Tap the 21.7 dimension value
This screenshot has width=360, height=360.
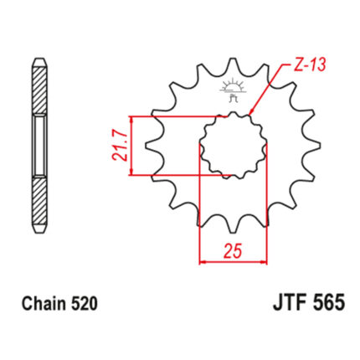coord(120,146)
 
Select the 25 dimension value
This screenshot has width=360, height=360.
coord(232,251)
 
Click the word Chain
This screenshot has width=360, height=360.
coord(44,303)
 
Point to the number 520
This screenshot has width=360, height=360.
coord(85,303)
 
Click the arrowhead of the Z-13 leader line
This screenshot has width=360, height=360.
coord(251,111)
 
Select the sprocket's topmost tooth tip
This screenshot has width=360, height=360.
coord(233,59)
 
